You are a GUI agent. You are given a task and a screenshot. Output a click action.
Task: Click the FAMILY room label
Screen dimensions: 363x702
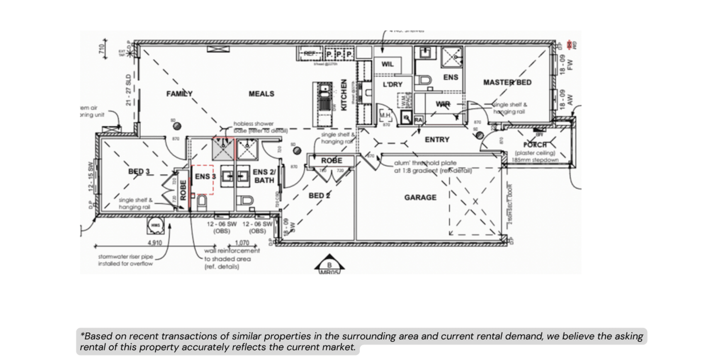[x=179, y=94]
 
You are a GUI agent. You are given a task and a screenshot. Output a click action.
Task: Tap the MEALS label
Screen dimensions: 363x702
[x=261, y=94]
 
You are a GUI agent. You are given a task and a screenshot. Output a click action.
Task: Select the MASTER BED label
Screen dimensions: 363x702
[x=507, y=82]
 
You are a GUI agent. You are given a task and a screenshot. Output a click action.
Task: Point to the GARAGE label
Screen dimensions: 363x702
[x=420, y=197]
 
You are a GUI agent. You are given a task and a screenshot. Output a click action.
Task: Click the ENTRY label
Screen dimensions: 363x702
[x=437, y=140]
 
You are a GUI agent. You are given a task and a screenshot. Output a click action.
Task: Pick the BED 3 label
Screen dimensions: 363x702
[x=139, y=172]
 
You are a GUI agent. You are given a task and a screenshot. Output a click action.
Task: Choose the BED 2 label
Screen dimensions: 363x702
[x=319, y=196]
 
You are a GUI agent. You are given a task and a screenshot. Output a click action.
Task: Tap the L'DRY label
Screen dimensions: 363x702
[x=392, y=85]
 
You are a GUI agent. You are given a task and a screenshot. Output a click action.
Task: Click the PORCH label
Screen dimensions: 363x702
[x=535, y=145]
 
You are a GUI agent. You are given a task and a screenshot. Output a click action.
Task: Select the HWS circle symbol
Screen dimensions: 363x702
[x=155, y=226]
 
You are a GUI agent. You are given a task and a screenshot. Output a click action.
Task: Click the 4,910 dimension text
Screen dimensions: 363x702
[x=155, y=243]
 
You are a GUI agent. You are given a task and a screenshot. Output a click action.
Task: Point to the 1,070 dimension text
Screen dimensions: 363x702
[x=242, y=243]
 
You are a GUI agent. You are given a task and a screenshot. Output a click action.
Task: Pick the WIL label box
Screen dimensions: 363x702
[x=387, y=64]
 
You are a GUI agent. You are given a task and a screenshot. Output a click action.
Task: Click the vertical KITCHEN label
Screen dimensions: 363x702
[x=344, y=95]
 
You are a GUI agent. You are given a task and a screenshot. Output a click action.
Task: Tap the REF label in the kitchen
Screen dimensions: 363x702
[x=310, y=54]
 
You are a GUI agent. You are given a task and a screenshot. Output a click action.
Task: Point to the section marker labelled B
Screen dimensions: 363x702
[x=329, y=265]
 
